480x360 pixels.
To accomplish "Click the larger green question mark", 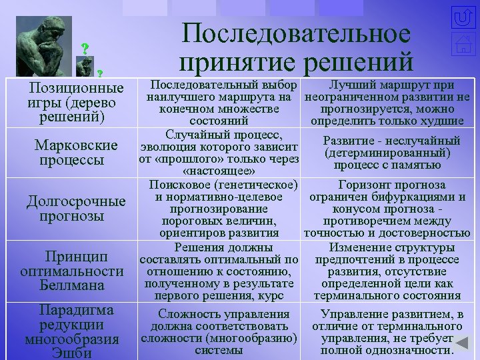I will point(85,48).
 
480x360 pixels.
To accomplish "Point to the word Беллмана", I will point(72,285).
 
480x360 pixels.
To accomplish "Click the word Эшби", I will point(72,353).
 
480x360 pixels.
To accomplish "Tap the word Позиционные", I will point(77,89).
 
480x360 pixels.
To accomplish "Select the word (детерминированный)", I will point(391,153).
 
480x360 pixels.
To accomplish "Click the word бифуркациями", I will point(422,197).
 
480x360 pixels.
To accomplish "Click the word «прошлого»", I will point(179,159).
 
